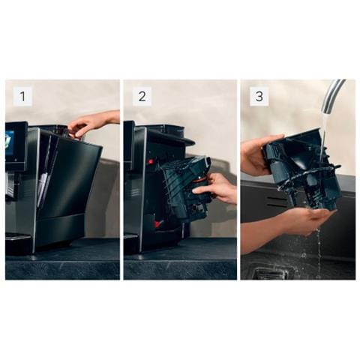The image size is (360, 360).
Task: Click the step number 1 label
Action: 22,96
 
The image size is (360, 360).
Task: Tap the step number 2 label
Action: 142,96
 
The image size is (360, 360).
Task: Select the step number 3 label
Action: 259,96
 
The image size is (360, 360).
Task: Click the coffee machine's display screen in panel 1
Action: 13,145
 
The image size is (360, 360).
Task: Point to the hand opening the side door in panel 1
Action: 92,124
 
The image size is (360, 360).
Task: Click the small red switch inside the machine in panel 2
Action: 151,162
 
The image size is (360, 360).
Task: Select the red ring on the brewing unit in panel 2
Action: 200,178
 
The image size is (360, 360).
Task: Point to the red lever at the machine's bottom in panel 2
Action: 158,223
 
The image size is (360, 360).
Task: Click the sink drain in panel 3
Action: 269,273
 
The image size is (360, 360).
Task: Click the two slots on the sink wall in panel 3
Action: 277,202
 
